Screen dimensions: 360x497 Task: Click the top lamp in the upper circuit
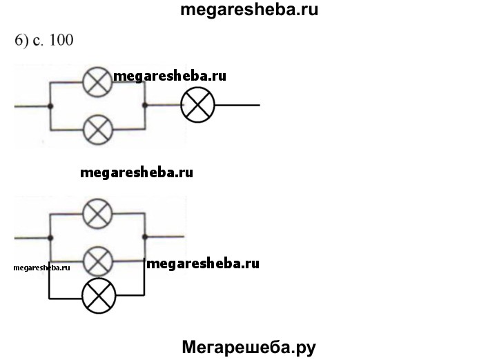tap(98, 82)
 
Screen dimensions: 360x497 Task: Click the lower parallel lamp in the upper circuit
tap(98, 128)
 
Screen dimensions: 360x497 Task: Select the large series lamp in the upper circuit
tap(197, 106)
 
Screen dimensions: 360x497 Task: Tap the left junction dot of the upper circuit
tap(50, 106)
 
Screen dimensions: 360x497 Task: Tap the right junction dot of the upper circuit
tap(144, 106)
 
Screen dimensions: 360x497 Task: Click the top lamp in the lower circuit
tap(98, 214)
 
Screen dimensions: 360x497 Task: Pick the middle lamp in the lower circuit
tap(98, 260)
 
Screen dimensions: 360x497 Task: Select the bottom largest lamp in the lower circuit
tap(99, 297)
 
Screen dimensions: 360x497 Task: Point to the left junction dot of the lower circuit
tap(50, 238)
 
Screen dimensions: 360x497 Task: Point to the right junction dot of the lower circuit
tap(144, 237)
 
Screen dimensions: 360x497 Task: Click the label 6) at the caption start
tap(21, 40)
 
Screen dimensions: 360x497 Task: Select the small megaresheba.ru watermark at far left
tap(41, 268)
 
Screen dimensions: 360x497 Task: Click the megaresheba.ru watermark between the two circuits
tap(137, 172)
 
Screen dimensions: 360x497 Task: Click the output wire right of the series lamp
tap(237, 106)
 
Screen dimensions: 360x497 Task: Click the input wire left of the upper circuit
tap(32, 106)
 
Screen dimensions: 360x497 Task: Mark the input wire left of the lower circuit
tap(32, 238)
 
